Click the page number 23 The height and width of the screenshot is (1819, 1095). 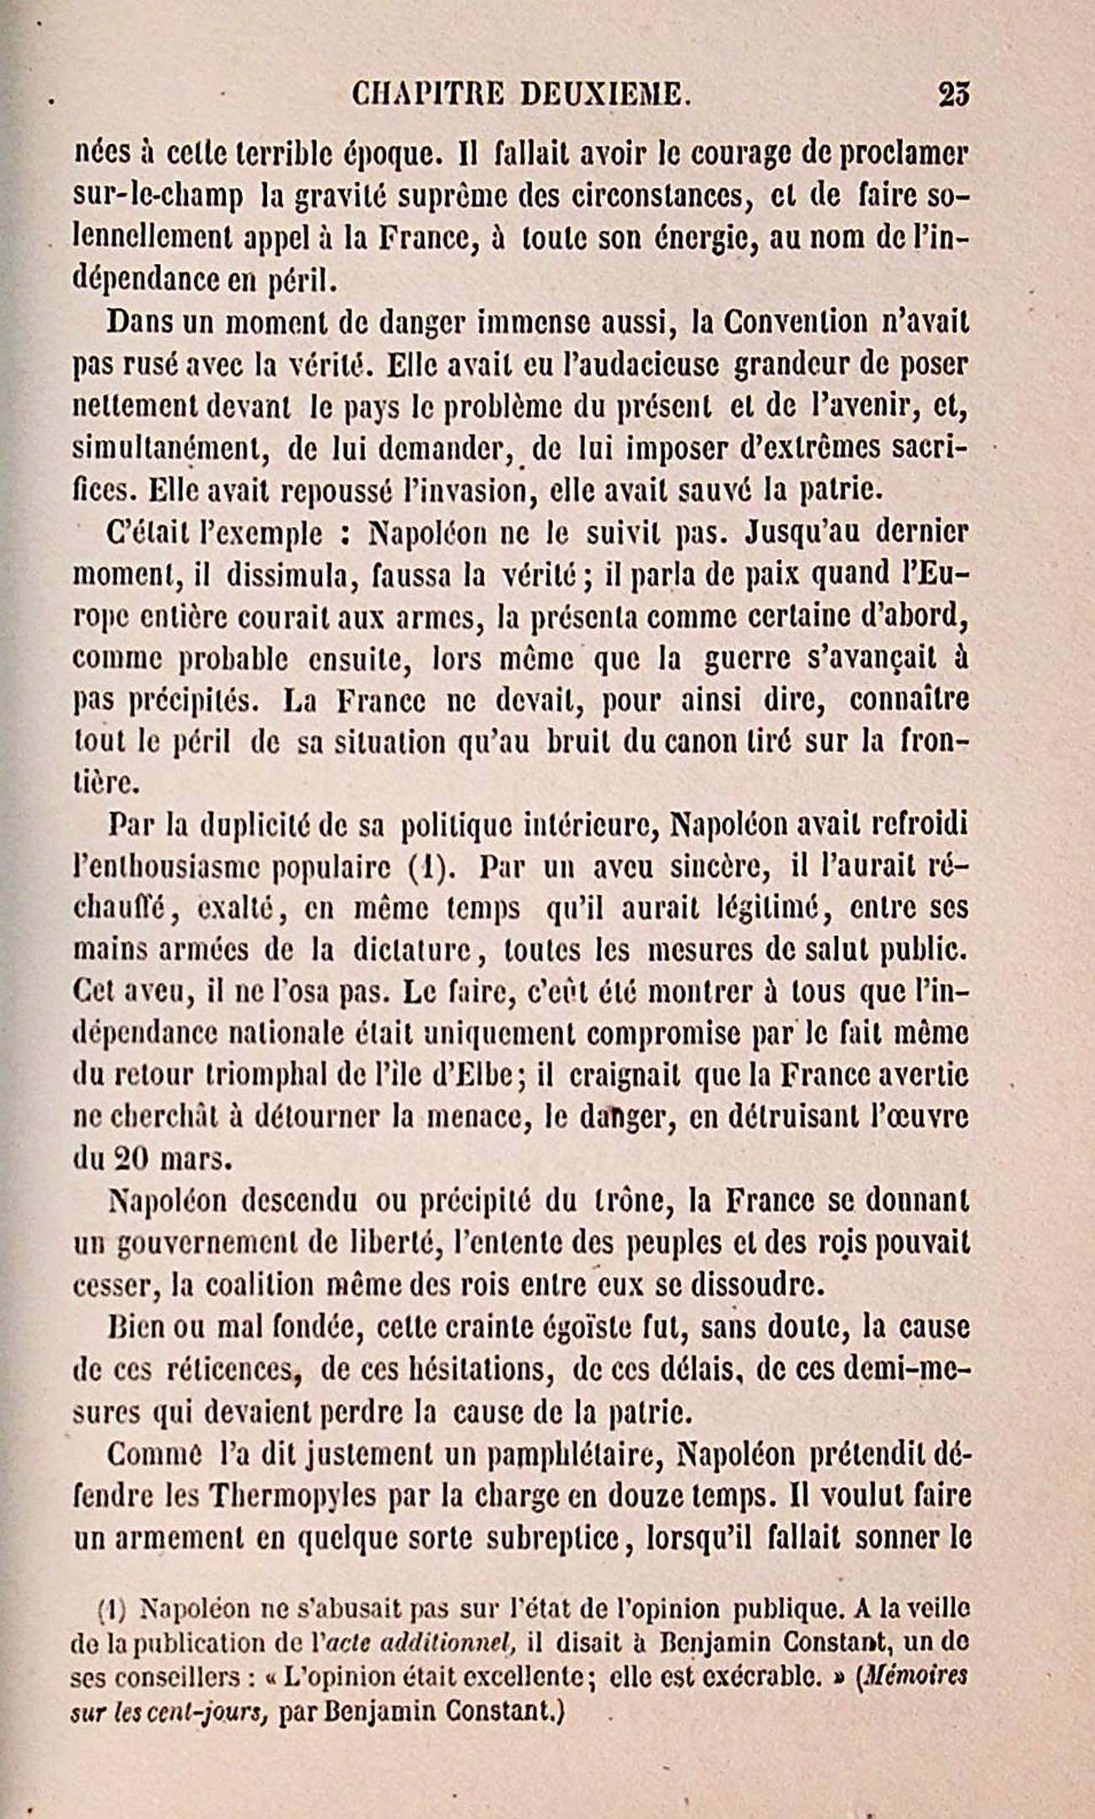(954, 94)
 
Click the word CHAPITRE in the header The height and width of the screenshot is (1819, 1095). (427, 94)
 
